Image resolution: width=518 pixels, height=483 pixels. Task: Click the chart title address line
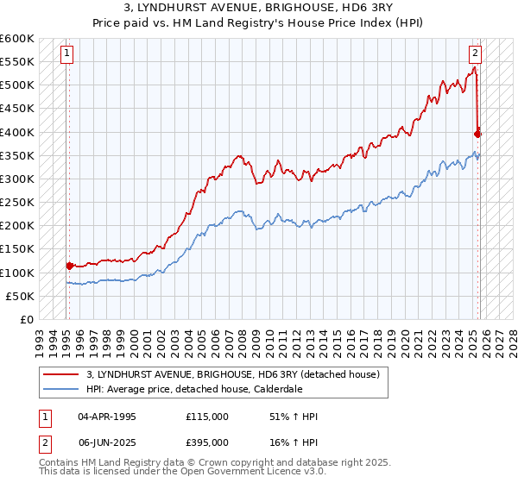tap(259, 8)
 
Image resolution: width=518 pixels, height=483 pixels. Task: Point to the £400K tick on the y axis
tap(17, 132)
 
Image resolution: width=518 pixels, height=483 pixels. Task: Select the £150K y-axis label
tap(17, 249)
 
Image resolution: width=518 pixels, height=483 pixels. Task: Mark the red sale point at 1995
tap(69, 266)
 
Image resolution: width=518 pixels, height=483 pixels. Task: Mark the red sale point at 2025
tap(477, 134)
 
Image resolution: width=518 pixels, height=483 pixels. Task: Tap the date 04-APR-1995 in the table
tap(107, 417)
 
